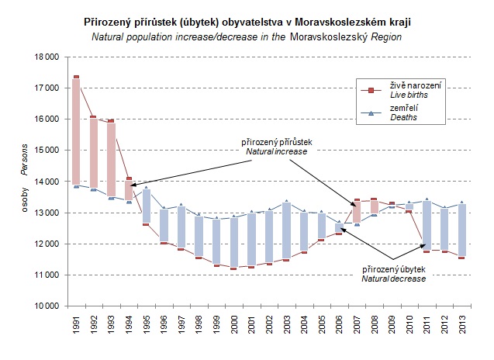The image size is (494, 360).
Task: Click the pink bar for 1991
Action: click(76, 132)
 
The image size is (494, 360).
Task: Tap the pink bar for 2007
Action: click(357, 211)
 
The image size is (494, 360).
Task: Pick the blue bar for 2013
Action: click(462, 230)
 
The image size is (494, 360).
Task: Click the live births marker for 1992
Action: click(93, 118)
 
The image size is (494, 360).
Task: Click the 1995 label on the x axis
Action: click(146, 326)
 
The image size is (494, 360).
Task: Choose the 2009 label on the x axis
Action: click(392, 326)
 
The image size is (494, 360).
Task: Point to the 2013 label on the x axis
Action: click(462, 326)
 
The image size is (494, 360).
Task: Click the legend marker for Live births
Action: click(371, 89)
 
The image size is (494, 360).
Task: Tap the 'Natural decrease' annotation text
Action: click(393, 278)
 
